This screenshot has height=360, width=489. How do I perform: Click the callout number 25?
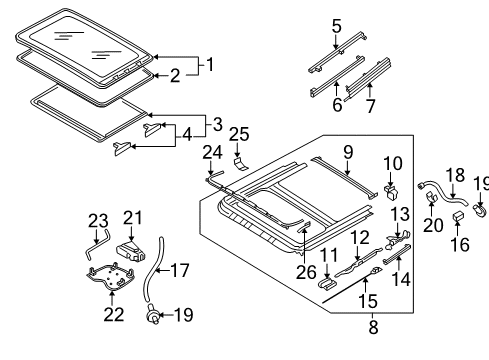coord(239,135)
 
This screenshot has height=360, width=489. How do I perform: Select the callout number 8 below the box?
coord(373,327)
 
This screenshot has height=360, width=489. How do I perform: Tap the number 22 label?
coord(114,314)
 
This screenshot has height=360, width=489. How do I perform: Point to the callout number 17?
coord(180,270)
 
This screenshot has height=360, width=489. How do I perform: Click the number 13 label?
coord(400,214)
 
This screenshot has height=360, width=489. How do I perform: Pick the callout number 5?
coord(337,26)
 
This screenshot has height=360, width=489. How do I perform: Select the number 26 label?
coord(306,272)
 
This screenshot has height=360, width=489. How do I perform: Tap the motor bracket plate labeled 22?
coord(110,277)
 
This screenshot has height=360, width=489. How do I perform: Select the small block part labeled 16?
coord(457,216)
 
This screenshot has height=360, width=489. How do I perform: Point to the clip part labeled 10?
coord(391,192)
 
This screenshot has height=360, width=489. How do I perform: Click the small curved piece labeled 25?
coord(241,164)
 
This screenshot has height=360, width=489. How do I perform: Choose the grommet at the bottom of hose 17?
coord(153,315)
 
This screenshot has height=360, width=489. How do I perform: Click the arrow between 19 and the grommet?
coord(166,314)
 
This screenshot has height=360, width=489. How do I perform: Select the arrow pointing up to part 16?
coord(457,228)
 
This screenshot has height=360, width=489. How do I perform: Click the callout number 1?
coord(210,64)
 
